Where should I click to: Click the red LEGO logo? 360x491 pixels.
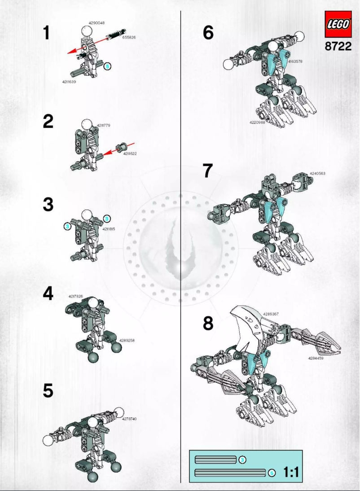coord(338,25)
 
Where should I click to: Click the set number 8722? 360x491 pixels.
coord(338,47)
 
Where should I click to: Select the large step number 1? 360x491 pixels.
coord(47,33)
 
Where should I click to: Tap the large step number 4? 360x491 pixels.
coord(48,294)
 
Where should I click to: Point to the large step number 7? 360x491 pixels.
coord(207,171)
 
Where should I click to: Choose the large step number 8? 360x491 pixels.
coord(208,323)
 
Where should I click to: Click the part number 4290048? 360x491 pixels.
coord(97,22)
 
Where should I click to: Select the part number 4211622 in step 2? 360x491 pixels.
coord(130,153)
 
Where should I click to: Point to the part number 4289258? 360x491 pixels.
coord(127,340)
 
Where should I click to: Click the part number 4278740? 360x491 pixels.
coord(129,418)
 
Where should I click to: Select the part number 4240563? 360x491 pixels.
coord(317,173)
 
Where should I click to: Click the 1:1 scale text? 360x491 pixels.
coord(291,473)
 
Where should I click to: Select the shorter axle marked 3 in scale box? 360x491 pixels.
coord(215,460)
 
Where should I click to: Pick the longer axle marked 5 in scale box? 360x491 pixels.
coord(230,473)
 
